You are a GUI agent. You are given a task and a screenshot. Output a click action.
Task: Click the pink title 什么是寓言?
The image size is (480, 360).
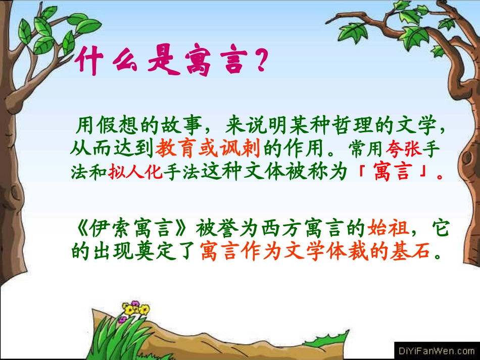click(x=170, y=63)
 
